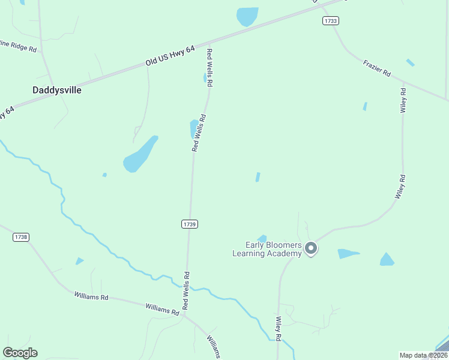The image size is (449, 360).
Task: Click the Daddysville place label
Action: (x=56, y=90)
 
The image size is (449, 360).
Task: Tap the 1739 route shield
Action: (x=189, y=224)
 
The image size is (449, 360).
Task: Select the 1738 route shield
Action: (x=20, y=237)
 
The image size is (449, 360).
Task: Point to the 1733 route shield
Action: (x=330, y=20)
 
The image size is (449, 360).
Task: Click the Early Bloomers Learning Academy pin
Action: (x=310, y=248)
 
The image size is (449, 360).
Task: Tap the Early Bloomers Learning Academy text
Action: (x=267, y=249)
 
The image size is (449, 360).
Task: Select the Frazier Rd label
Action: (x=377, y=67)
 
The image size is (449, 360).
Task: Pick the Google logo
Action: (x=20, y=353)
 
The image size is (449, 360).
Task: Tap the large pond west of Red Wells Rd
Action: (x=139, y=155)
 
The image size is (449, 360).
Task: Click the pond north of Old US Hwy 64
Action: (x=247, y=16)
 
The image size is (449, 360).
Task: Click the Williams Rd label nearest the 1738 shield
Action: (x=91, y=296)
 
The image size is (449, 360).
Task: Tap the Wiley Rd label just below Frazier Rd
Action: (x=403, y=100)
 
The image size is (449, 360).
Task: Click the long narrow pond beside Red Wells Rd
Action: (x=194, y=128)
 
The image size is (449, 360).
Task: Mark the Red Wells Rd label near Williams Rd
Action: (x=186, y=291)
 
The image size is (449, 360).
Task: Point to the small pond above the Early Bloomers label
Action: (x=262, y=238)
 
